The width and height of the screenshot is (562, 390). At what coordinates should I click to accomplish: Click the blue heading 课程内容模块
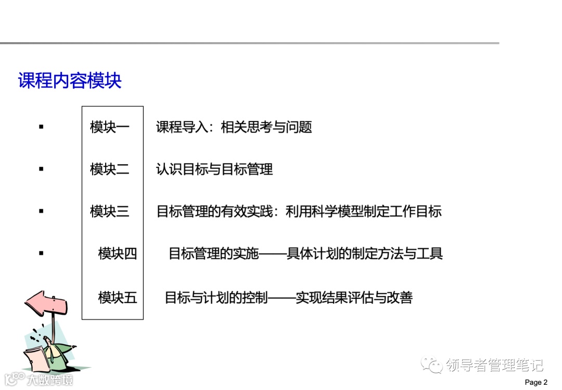coord(70,81)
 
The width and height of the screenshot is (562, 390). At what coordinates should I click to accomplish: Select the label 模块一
coord(109,127)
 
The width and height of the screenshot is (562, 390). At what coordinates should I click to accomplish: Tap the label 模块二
coord(109,169)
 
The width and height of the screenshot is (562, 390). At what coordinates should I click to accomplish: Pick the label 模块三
coord(109,211)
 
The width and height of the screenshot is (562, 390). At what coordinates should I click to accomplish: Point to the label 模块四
coord(118,254)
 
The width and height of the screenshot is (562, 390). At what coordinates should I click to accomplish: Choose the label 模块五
coord(118,298)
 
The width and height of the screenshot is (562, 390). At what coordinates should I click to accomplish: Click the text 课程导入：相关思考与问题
coord(234,127)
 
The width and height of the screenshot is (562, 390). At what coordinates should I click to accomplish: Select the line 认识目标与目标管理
coord(214,169)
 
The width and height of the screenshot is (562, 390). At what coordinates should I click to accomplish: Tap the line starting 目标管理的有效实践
coord(299,211)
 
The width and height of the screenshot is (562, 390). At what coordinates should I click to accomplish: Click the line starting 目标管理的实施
coord(305,254)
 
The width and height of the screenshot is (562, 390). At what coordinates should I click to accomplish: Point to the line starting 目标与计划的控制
coord(288,298)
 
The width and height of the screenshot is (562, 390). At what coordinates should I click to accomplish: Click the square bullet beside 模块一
coord(41,127)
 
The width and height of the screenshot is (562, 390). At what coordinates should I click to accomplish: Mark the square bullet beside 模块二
coord(41,169)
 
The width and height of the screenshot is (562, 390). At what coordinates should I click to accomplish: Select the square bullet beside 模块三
coord(41,211)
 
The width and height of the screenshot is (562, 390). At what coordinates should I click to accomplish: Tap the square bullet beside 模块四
coord(41,253)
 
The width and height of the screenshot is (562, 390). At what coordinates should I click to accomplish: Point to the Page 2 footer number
coord(536,383)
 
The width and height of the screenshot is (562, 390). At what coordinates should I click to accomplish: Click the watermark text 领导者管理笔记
coord(494,365)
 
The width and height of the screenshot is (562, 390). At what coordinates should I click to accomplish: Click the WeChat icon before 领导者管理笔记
coord(432,365)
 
